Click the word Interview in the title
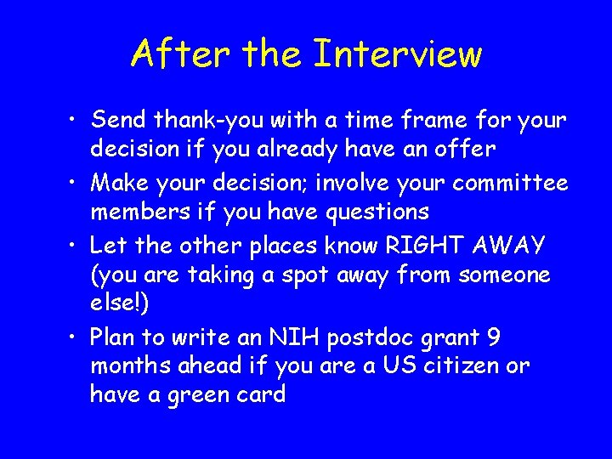point(397,54)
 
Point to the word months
point(131,366)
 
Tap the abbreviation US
point(416,366)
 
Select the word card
point(261,394)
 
